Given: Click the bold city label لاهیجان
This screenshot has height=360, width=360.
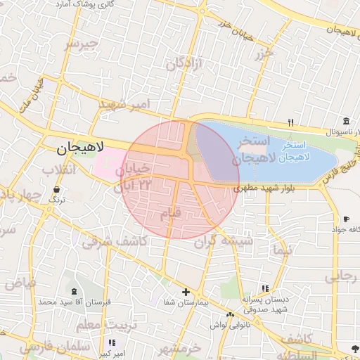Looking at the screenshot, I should tap(80, 148).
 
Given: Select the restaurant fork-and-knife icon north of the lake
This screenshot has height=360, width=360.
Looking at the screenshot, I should tap(291, 123).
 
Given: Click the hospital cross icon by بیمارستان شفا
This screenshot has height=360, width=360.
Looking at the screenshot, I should tap(186, 292).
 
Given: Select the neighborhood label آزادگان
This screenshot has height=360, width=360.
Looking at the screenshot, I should tap(184, 64).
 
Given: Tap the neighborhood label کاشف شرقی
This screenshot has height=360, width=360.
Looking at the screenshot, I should tap(113, 241).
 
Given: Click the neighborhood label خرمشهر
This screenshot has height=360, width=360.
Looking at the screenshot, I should tap(180, 348).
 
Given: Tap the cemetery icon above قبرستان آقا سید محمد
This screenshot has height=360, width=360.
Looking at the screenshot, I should tap(75, 291).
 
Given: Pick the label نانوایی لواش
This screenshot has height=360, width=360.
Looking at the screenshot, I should tap(226, 325).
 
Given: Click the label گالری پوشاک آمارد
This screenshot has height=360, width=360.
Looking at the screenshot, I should tap(85, 4).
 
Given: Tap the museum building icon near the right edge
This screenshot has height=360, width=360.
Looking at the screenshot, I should tap(347, 122).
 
